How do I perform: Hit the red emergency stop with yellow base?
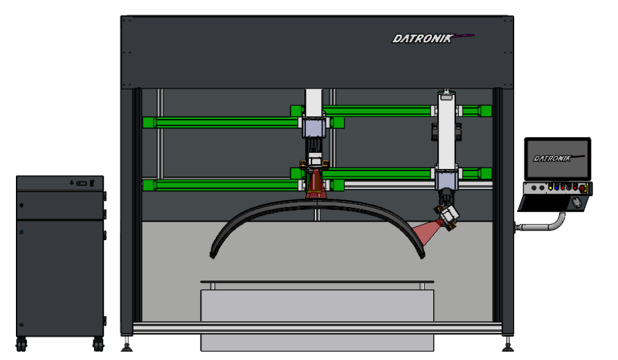[x=583, y=189]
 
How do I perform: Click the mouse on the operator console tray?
[x=576, y=203]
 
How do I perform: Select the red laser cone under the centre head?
[x=315, y=184]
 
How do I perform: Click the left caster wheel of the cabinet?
[x=21, y=344]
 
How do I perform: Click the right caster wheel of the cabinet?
[x=98, y=344]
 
